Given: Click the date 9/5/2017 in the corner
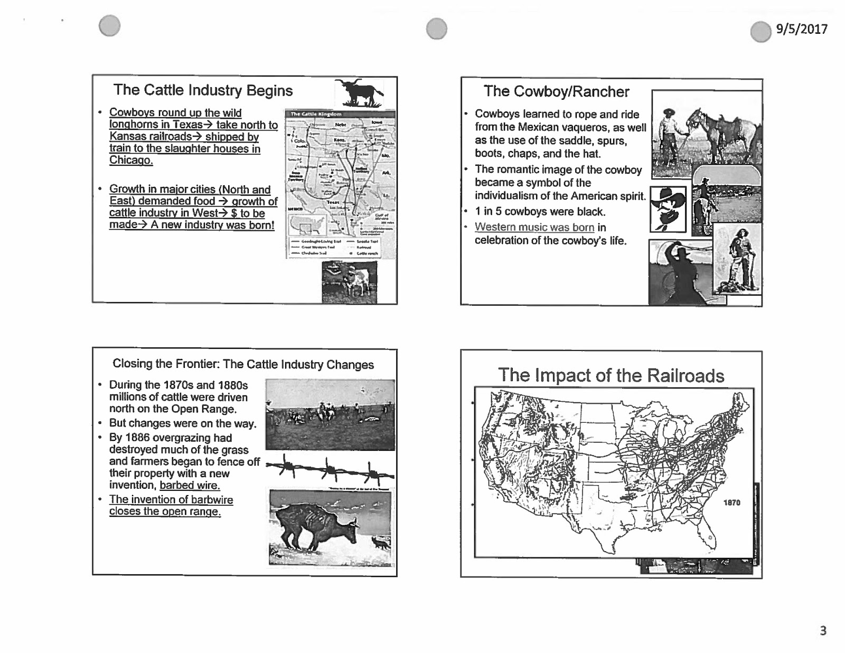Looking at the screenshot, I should (x=801, y=29).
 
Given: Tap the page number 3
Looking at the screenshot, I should (x=823, y=630).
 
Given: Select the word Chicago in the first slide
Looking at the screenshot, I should (x=131, y=160).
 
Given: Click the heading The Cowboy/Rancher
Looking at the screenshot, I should (x=556, y=92).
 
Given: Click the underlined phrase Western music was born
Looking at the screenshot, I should (x=534, y=228).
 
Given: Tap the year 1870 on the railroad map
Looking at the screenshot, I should (x=731, y=503).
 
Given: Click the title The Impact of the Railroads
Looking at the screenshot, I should (x=611, y=376).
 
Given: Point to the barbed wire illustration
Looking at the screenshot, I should (x=330, y=469).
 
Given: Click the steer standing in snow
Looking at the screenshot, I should (x=317, y=528).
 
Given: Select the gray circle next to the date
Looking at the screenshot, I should (x=760, y=31).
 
